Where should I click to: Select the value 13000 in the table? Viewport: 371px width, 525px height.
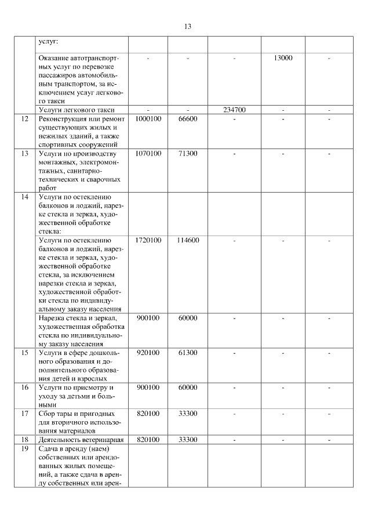(283, 58)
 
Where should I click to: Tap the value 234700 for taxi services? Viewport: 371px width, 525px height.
(234, 110)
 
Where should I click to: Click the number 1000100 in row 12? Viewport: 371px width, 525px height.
(148, 118)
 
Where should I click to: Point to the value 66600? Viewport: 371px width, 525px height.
(188, 118)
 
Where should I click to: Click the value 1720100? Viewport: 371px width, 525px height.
(148, 240)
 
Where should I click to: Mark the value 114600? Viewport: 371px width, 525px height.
(188, 240)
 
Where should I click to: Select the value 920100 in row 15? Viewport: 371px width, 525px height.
(148, 352)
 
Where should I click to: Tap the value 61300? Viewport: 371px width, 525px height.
(188, 352)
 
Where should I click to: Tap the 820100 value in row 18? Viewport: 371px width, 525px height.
(148, 440)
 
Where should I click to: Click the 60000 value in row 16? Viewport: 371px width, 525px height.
(188, 387)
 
